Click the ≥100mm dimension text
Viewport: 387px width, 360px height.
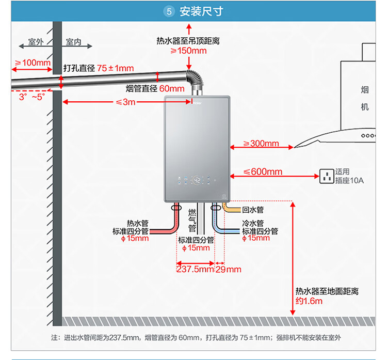[x=32, y=63]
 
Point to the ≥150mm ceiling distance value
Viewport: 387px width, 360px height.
[x=188, y=51]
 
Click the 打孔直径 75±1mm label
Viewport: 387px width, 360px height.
[x=98, y=68]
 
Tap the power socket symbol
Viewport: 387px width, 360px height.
[x=327, y=176]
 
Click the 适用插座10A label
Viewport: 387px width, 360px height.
[x=349, y=176]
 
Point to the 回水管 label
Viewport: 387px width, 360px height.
[x=253, y=210]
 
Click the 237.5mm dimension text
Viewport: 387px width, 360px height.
[x=195, y=269]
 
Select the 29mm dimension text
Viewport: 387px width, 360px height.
[x=228, y=269]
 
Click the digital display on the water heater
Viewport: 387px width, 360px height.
[x=197, y=180]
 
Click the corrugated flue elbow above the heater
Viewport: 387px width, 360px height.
[x=195, y=82]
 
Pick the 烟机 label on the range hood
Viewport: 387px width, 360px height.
[x=365, y=99]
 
